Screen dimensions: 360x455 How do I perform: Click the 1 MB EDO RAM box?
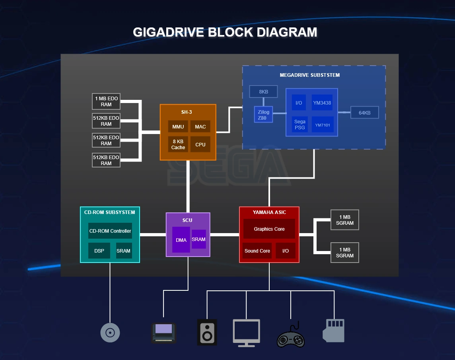tap(106, 101)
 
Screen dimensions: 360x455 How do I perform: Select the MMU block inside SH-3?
tap(178, 126)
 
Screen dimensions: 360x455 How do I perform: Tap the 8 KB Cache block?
tap(178, 144)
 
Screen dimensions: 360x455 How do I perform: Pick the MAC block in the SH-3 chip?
tap(200, 126)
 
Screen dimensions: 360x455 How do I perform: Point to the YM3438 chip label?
tap(322, 103)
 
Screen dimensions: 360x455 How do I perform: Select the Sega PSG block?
tap(300, 125)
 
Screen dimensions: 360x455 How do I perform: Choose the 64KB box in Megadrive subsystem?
tap(364, 113)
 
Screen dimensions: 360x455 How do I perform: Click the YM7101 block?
tap(322, 125)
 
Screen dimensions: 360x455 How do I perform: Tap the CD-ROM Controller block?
tap(110, 231)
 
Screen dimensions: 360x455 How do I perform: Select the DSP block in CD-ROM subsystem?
tap(99, 251)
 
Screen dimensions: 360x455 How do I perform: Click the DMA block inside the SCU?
tap(181, 240)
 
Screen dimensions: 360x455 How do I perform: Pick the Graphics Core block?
tap(269, 229)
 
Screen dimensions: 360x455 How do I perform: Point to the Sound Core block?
tap(257, 251)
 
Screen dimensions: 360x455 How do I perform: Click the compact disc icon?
tap(110, 332)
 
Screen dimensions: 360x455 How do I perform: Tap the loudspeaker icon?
tap(207, 332)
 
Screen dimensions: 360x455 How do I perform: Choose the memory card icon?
tap(333, 331)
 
